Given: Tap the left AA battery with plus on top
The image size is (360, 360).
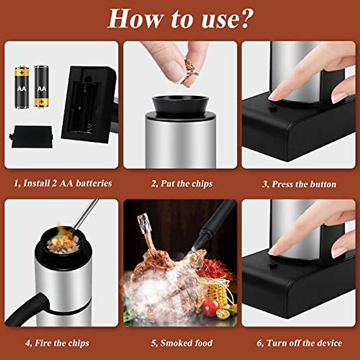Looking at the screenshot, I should [22, 87].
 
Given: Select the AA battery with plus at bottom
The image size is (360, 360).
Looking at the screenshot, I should [41, 87].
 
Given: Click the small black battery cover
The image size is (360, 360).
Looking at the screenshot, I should [31, 137].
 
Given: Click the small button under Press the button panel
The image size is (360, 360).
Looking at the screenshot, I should [272, 108].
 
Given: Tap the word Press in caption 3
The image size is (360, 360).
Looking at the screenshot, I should [283, 184].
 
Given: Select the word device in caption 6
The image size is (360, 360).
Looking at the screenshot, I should [328, 343].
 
